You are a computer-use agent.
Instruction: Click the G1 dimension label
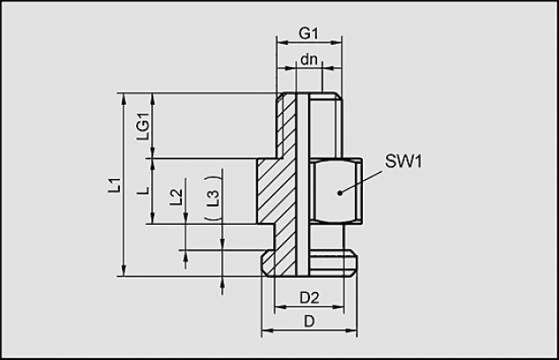[x=308, y=33]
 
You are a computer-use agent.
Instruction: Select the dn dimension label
[x=309, y=59]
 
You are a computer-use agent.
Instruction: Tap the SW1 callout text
[x=403, y=161]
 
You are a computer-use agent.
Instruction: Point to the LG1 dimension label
[x=143, y=126]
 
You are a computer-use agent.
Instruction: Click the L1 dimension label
[x=115, y=185]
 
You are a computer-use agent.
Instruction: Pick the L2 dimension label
[x=176, y=196]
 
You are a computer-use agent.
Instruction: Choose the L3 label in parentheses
[x=213, y=198]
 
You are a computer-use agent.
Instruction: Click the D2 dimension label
[x=309, y=297]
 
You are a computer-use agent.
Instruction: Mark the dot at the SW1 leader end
[x=340, y=193]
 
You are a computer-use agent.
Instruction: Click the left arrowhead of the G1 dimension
[x=282, y=43]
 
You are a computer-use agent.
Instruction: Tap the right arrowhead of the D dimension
[x=351, y=330]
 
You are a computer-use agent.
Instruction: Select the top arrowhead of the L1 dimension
[x=124, y=99]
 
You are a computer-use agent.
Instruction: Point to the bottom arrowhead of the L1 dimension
[x=124, y=270]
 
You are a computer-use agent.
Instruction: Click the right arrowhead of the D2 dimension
[x=339, y=306]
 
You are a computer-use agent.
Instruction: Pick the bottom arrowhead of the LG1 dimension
[x=153, y=152]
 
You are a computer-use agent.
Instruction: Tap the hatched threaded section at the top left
[x=286, y=124]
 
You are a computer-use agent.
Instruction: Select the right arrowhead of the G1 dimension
[x=337, y=43]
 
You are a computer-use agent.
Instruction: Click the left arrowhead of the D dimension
[x=267, y=330]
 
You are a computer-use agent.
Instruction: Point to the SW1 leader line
[x=361, y=182]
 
